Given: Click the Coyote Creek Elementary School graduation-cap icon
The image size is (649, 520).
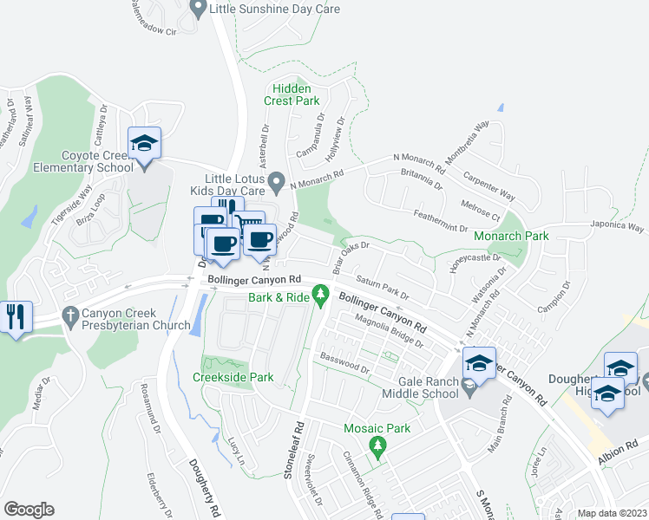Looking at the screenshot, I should point(145,143).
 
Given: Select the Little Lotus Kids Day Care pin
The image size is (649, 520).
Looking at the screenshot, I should point(276,182).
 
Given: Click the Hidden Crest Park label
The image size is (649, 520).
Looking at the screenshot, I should point(297,94).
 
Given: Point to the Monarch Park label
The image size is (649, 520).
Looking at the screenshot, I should point(512,235).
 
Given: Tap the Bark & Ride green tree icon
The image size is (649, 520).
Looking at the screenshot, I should point(321,296).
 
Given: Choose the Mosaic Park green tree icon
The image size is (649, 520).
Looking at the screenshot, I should point(377,445).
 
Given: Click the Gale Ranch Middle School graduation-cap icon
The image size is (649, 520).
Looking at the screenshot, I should point(478,363).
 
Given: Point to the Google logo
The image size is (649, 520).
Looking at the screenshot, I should point(29,510).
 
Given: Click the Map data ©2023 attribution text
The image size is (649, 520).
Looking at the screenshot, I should point(613,513).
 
